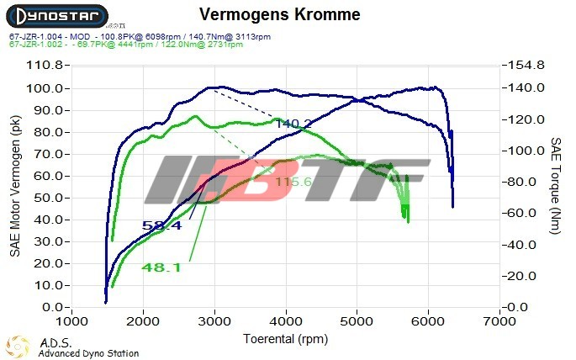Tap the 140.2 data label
click(x=293, y=124)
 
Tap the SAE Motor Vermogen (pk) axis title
click(x=14, y=187)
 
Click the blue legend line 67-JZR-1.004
click(x=140, y=37)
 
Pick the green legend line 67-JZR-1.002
click(x=140, y=45)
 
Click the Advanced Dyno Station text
click(x=88, y=353)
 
